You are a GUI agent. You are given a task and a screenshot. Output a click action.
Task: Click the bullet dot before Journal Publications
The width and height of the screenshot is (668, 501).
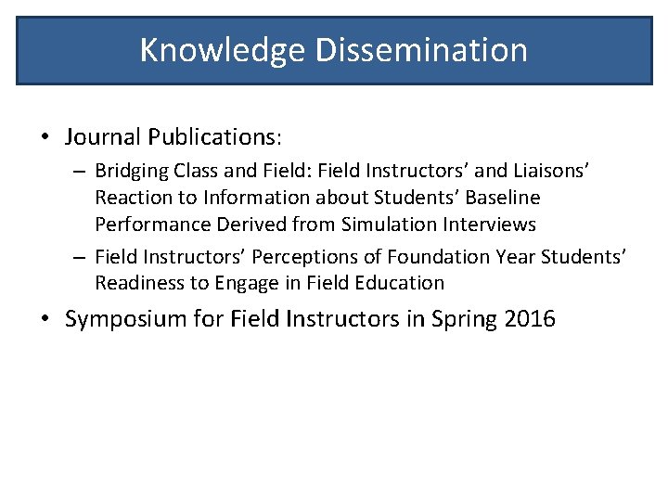(x=45, y=137)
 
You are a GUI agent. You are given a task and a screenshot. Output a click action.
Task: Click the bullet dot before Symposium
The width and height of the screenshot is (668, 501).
(x=45, y=320)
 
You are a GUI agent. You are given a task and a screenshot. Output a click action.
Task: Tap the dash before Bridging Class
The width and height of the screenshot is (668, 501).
(x=81, y=172)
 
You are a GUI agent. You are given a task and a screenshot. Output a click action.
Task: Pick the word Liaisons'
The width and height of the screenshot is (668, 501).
(x=548, y=171)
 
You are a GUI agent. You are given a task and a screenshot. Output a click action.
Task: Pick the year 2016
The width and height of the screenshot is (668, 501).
(x=530, y=320)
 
